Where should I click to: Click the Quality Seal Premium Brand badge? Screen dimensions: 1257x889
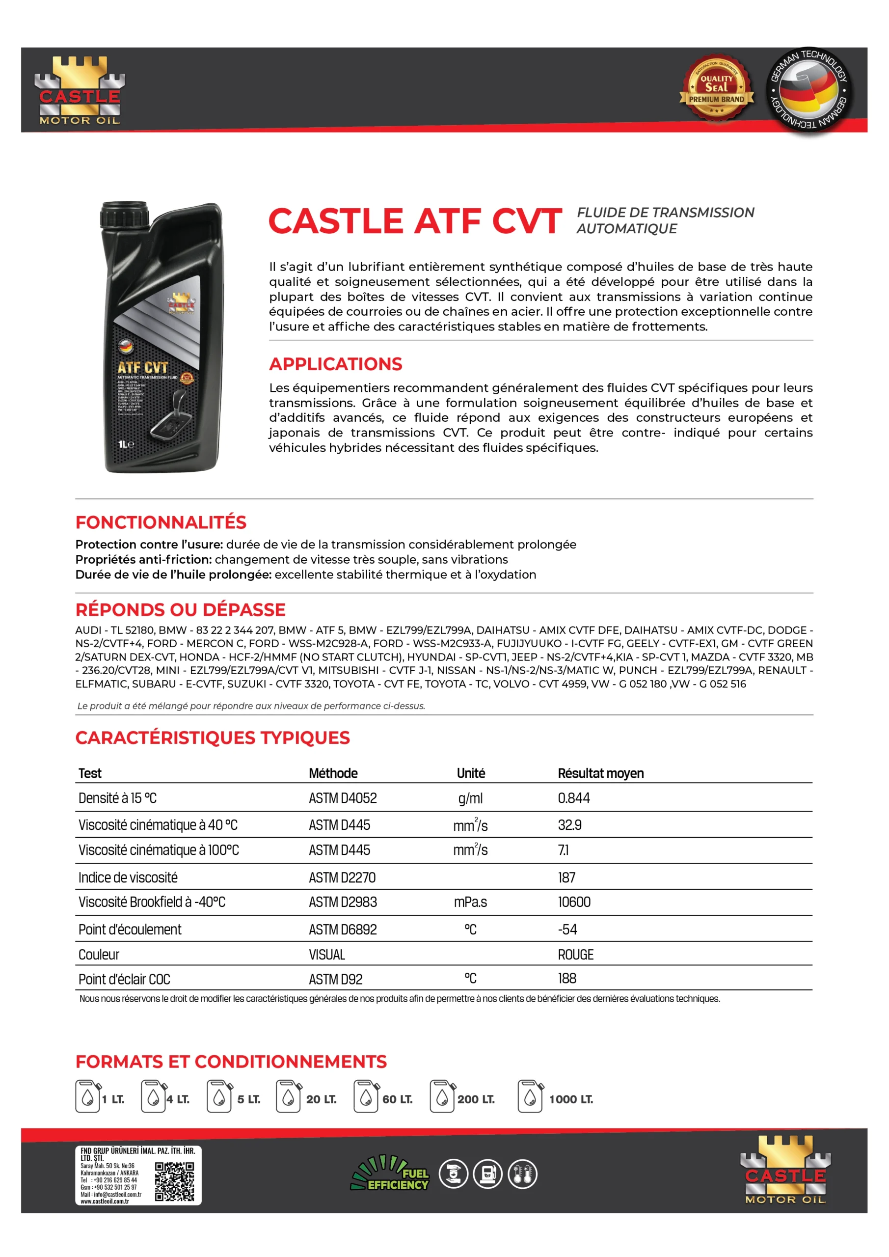716,89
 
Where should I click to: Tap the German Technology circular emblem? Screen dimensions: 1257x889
808,90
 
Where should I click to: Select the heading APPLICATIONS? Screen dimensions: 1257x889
336,364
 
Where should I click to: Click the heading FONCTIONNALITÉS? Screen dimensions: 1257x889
161,522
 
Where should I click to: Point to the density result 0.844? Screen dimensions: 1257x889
574,798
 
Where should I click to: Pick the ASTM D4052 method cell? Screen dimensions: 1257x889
343,798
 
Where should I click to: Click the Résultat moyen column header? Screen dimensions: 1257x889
600,773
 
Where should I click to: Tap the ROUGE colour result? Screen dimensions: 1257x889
575,955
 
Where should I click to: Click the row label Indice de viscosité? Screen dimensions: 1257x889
128,877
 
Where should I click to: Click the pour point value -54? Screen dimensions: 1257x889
567,929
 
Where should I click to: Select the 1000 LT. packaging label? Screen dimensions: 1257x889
571,1099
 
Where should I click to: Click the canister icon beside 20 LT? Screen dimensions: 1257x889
288,1096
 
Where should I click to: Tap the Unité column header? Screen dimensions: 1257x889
471,773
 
